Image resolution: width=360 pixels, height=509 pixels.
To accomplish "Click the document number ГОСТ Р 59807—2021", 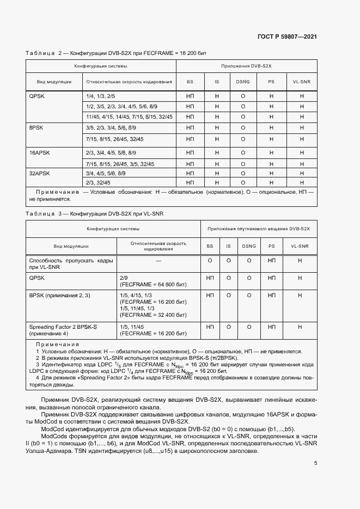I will [x=287, y=36].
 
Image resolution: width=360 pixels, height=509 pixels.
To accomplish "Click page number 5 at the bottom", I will [x=316, y=463].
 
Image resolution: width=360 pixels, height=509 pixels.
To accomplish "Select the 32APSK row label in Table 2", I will [x=39, y=173].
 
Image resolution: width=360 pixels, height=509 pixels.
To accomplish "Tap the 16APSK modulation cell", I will [x=39, y=153].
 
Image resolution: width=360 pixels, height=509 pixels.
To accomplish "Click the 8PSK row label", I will [x=36, y=127].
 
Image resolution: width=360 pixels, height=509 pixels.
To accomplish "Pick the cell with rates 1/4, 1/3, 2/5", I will [x=98, y=95].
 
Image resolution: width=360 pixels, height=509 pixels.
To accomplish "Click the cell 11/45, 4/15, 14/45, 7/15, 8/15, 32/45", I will [x=129, y=117].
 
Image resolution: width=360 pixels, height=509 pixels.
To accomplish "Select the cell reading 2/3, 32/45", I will [x=98, y=182].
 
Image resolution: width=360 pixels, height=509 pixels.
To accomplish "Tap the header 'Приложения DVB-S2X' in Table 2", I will [x=246, y=66].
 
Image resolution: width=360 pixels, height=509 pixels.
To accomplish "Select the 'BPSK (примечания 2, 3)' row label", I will [x=59, y=295].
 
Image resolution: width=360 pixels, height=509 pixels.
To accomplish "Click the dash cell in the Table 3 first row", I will [x=158, y=261].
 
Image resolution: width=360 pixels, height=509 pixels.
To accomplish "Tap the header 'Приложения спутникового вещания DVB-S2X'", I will [x=258, y=229].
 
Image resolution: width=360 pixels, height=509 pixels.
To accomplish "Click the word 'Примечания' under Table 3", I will [x=57, y=345].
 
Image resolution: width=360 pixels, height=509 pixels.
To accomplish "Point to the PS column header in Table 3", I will [x=271, y=246].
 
